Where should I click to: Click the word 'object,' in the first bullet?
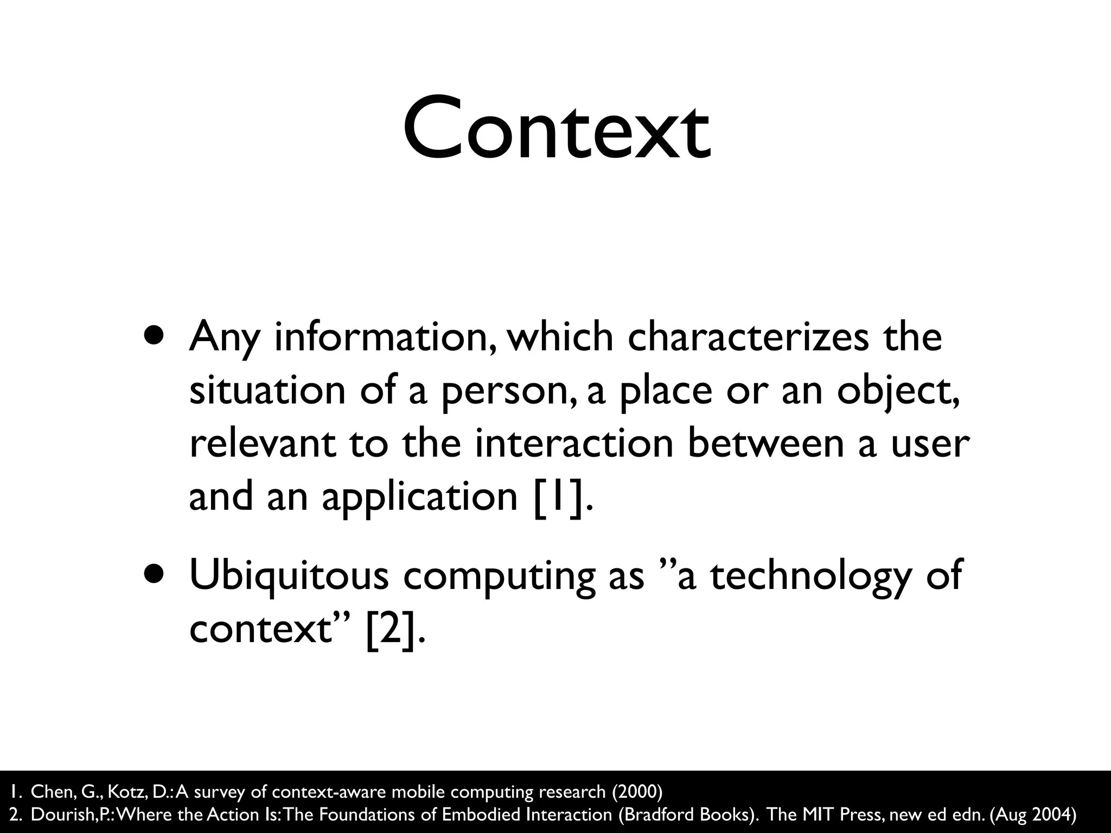(x=898, y=392)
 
